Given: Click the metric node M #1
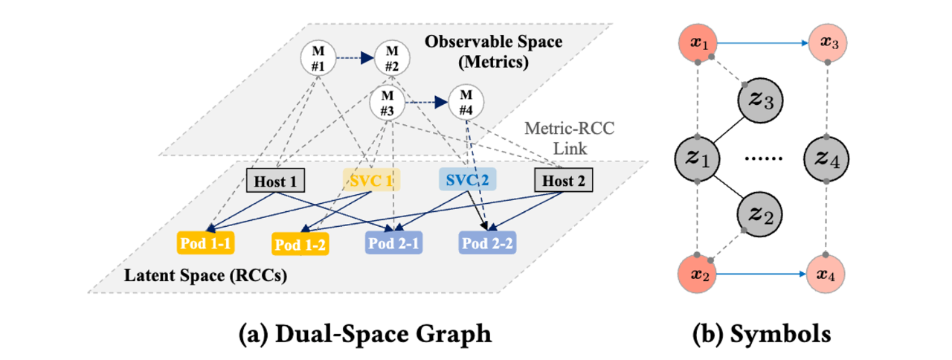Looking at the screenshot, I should point(318,58).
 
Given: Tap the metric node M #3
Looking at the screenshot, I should point(387,102).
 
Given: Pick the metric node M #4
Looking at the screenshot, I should point(466,102).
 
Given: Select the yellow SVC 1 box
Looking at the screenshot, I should point(370,180).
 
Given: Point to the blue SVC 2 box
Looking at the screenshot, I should point(466,180).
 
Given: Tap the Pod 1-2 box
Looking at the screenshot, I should point(297,243).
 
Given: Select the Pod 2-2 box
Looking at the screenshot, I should point(487,243).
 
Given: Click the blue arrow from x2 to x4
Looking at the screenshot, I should point(760,274).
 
